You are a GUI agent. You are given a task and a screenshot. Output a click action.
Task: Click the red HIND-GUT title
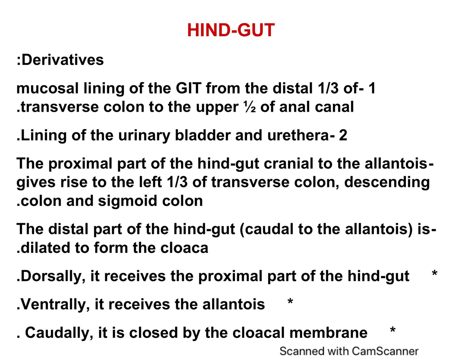[x=231, y=30]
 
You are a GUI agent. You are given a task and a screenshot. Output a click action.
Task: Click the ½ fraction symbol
[x=250, y=107]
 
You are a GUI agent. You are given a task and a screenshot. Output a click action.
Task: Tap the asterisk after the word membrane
[x=393, y=330]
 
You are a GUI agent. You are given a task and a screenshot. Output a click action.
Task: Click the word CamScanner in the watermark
[x=385, y=351]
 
